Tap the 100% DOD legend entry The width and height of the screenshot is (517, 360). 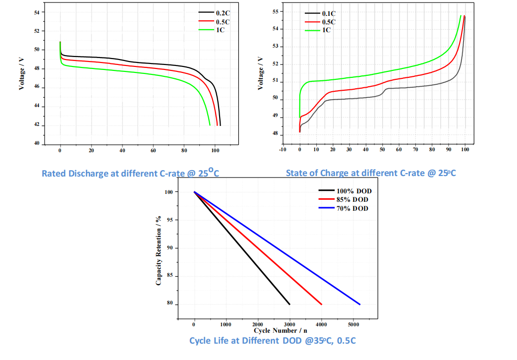coord(353,191)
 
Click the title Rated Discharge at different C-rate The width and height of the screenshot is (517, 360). coord(130,173)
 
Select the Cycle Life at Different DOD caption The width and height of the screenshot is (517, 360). coord(272,341)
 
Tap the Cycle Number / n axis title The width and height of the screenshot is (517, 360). coord(280,330)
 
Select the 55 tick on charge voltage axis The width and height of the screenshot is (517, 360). coord(276,11)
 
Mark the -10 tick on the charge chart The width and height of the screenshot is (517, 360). coord(283,149)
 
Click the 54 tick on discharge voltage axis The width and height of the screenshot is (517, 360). coord(36,12)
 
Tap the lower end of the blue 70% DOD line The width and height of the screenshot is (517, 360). coord(360,304)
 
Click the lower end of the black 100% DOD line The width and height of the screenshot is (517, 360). coord(289,304)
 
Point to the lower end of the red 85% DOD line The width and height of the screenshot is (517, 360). coord(322,304)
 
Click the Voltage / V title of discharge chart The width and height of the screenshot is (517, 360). coord(22,73)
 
